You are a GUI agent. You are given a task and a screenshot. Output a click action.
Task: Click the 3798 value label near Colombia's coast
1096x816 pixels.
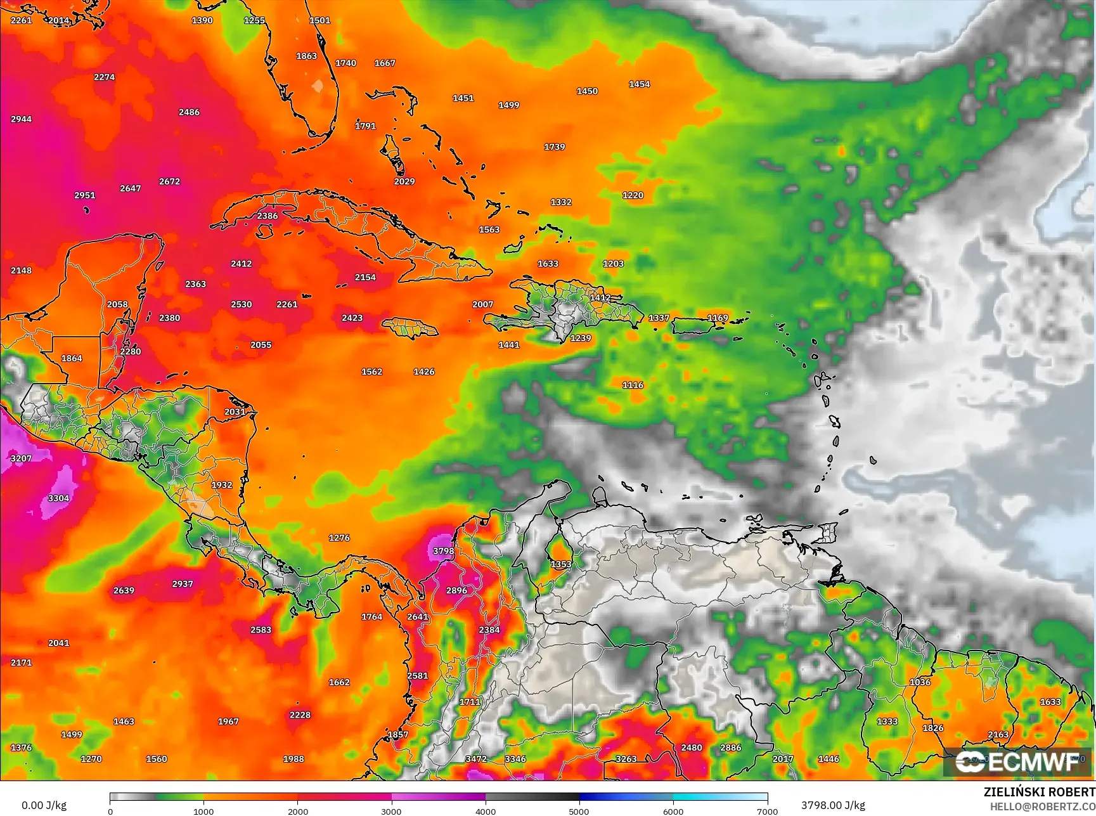tap(443, 551)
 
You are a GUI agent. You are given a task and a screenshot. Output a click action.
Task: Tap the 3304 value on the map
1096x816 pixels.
tap(58, 498)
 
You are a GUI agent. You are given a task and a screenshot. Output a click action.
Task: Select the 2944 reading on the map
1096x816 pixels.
tap(21, 119)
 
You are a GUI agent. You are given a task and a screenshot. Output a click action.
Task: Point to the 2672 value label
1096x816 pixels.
tap(169, 181)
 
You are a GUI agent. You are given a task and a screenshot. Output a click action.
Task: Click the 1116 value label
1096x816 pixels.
tap(633, 385)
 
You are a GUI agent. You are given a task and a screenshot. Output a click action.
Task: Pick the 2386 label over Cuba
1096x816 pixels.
tap(267, 216)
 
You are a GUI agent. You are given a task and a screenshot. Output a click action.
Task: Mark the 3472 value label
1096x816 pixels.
tap(476, 759)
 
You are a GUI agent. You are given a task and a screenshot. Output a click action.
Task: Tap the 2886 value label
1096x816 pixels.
tap(730, 748)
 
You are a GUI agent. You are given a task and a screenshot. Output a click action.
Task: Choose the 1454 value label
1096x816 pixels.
tap(639, 84)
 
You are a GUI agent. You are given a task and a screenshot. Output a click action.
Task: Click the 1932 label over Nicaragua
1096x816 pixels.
tap(222, 485)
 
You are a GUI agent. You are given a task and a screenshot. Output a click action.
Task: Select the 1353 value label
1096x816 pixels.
tap(561, 564)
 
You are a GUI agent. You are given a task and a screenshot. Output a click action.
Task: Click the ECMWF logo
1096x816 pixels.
tap(1017, 761)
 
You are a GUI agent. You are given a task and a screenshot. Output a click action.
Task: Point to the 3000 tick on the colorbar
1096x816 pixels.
tap(391, 812)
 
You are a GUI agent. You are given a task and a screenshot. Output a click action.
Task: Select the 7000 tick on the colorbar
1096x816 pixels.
tap(767, 812)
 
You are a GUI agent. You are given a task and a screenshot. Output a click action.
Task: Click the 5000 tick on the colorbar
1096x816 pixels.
tap(579, 812)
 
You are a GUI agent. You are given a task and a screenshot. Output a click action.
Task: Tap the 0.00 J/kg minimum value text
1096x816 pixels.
tap(44, 805)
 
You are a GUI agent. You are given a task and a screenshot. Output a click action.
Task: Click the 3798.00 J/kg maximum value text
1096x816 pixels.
tap(833, 805)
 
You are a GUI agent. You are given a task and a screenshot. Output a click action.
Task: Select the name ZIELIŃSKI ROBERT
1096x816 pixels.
tap(1039, 792)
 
